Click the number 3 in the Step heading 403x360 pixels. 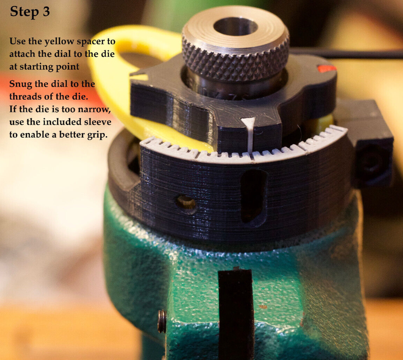click(46, 11)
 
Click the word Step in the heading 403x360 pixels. click(25, 12)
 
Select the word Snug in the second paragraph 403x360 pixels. click(21, 84)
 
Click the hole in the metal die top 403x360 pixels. click(235, 27)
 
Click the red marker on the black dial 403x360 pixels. click(326, 68)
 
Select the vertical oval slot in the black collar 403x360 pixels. click(253, 196)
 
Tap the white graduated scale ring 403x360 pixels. click(244, 151)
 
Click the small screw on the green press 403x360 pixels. click(162, 321)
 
